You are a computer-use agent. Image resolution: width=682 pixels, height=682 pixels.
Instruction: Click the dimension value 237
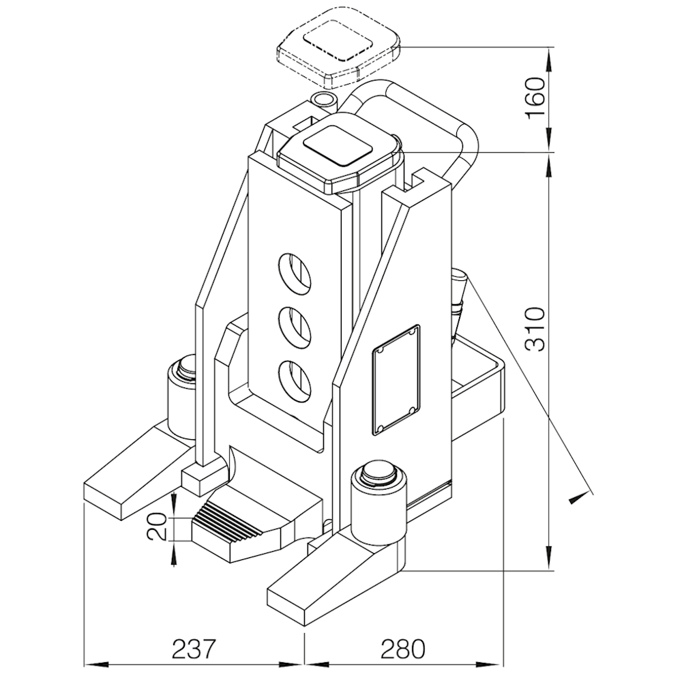point(194,649)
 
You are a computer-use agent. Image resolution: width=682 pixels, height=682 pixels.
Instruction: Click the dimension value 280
point(402,649)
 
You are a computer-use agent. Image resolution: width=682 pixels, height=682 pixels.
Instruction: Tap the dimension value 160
point(535,98)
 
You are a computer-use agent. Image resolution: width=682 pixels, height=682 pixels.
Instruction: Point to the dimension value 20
point(157,527)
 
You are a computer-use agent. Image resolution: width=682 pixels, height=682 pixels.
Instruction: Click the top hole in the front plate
point(295,273)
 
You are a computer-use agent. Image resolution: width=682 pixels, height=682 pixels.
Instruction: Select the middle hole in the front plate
point(295,327)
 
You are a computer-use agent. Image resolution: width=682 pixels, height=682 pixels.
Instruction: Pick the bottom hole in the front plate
point(295,381)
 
